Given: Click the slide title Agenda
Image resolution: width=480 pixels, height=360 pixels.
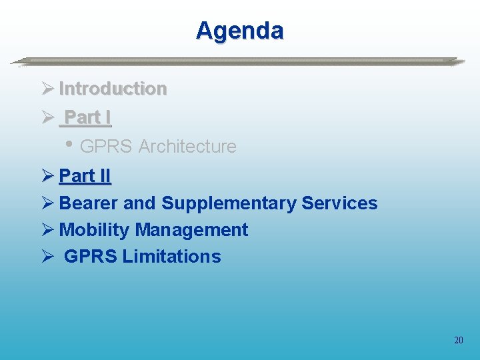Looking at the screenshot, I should tap(239, 31).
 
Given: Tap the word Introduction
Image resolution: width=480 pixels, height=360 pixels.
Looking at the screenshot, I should tap(113, 89).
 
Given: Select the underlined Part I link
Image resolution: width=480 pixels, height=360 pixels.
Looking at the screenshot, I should tap(87, 117).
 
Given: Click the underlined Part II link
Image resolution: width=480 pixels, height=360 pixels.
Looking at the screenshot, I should tap(85, 176).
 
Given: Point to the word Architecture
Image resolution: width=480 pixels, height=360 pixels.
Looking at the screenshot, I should tap(187, 147).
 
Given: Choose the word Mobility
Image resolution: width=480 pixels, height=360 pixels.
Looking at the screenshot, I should tap(94, 230).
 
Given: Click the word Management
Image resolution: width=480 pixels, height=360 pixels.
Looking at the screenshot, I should tap(191, 230).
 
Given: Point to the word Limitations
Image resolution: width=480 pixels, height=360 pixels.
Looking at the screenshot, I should tap(171, 257).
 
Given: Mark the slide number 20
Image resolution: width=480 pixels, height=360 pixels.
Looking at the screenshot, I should tap(458, 341).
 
